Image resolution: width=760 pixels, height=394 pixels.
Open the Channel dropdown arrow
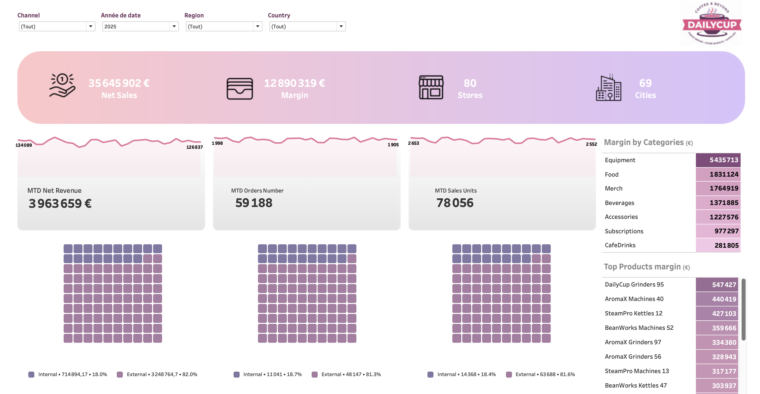coord(90,27)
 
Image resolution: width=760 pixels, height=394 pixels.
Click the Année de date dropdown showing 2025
coord(140,27)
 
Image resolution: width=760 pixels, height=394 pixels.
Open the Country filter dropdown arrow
coord(341,27)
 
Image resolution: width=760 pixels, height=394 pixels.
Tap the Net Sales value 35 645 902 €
coord(119,83)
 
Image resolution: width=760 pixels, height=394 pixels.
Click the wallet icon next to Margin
coord(240,89)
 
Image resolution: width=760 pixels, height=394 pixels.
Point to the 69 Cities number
coord(645,83)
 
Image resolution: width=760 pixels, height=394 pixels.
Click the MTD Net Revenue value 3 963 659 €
coord(60,203)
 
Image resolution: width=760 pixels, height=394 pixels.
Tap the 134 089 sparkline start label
coord(24,145)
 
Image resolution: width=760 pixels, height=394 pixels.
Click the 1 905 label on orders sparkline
coord(393,145)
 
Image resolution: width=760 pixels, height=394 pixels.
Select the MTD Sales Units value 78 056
coord(455,203)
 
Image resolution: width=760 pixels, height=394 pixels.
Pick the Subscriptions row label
coord(624,231)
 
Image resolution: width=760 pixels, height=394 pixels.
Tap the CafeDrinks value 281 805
coord(718,246)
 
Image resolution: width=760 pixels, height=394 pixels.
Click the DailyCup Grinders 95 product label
coord(634,284)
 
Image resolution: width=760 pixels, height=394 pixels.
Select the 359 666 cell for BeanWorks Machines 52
coord(717,328)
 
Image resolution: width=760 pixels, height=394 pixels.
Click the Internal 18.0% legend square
coord(31,375)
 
